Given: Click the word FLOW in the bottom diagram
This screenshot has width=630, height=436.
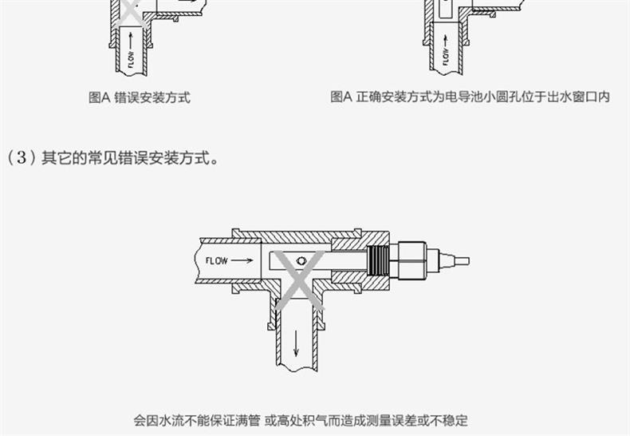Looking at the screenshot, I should coord(217,260).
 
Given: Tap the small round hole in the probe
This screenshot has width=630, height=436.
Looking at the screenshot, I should coord(300,260).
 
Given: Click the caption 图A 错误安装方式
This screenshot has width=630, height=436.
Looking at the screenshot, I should coord(139,97).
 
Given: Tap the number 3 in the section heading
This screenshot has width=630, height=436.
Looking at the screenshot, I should coord(17,157).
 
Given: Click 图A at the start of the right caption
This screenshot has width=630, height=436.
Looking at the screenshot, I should coord(341,97).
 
